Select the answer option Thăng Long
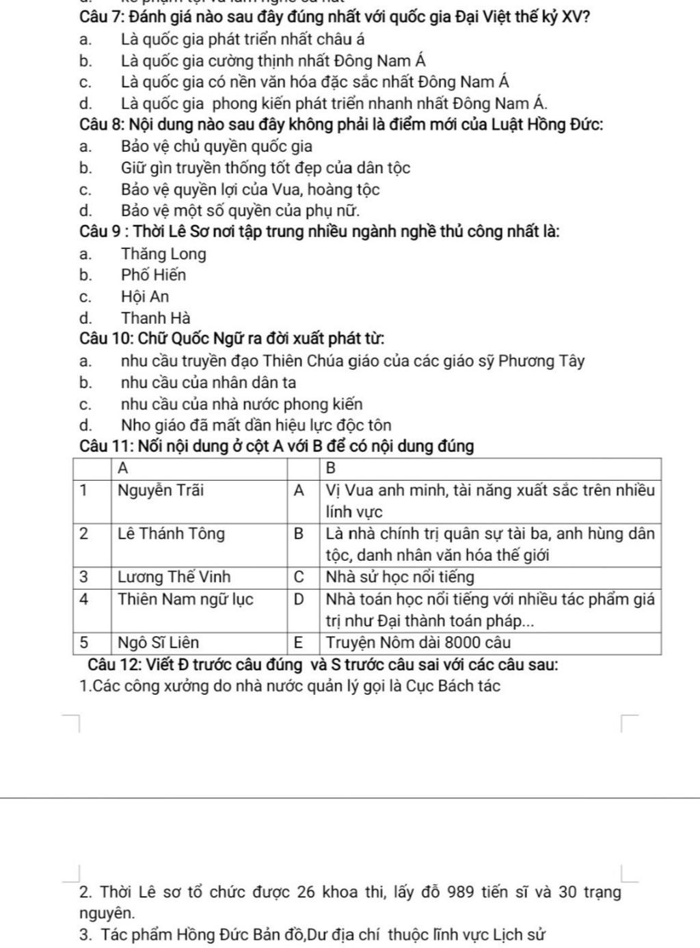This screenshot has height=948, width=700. (x=163, y=254)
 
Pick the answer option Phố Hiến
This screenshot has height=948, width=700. (x=153, y=276)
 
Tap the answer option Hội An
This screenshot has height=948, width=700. (x=145, y=297)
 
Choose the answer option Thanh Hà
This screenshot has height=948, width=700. (x=156, y=318)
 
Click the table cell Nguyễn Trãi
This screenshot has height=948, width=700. (x=161, y=490)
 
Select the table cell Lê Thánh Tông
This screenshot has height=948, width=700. (x=171, y=534)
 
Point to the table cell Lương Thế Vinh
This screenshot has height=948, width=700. (x=174, y=577)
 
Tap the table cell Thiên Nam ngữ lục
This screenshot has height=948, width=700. (x=185, y=600)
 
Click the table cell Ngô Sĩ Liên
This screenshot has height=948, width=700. (x=158, y=643)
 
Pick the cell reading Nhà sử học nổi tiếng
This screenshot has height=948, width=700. (x=400, y=577)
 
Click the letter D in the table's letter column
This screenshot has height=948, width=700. (x=298, y=600)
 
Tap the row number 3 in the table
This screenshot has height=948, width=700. (x=84, y=577)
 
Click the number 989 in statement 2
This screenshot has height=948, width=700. (x=460, y=893)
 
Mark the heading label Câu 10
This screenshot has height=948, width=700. (x=105, y=339)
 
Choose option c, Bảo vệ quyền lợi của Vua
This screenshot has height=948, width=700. (x=250, y=189)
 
